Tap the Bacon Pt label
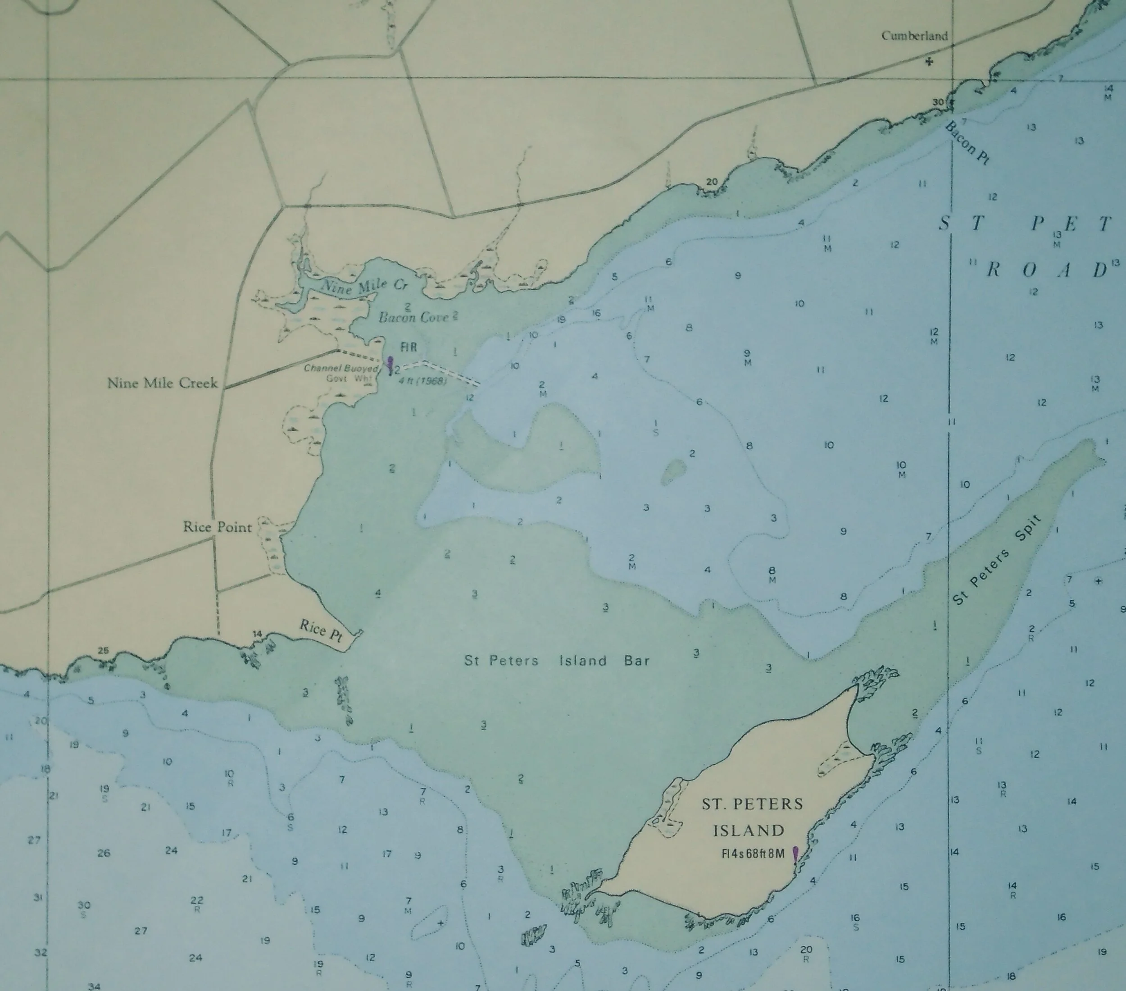click(x=967, y=143)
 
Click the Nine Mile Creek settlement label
click(x=163, y=383)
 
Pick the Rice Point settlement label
click(x=218, y=527)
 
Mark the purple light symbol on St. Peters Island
click(x=795, y=855)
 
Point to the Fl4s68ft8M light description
click(x=753, y=854)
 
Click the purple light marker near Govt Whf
click(x=390, y=363)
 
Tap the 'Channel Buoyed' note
click(x=341, y=368)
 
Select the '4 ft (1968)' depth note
click(x=425, y=381)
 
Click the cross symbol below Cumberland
click(x=929, y=62)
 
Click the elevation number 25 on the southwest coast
click(x=103, y=651)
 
